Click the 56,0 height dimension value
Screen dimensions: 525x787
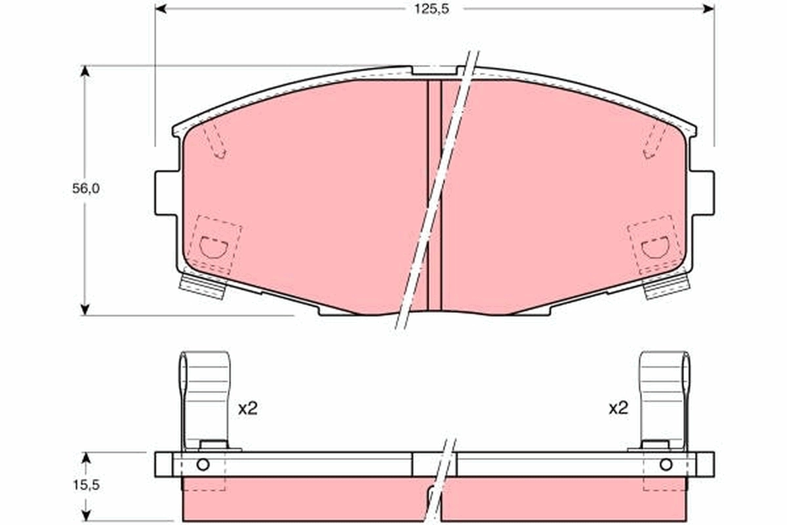[x=85, y=188]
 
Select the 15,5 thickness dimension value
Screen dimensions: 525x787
[x=86, y=486]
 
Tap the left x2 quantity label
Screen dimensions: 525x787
[x=248, y=409]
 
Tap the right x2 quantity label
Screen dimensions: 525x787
[x=618, y=409]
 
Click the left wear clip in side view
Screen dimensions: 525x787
[x=205, y=397]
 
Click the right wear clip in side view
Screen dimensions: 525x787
[x=664, y=397]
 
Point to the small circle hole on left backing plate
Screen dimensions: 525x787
[x=203, y=465]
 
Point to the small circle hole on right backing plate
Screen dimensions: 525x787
[x=666, y=465]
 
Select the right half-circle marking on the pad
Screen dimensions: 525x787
[x=655, y=247]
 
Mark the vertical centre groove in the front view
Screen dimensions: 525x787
[x=435, y=197]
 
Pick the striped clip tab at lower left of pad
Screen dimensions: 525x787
[x=203, y=286]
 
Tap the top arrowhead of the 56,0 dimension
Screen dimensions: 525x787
[x=84, y=70]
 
